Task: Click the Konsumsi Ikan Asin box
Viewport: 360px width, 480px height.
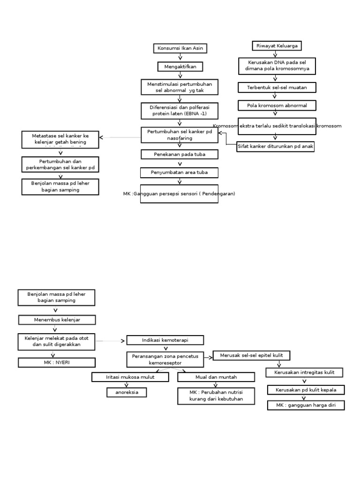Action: pos(180,48)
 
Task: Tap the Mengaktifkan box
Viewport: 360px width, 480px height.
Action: pos(180,67)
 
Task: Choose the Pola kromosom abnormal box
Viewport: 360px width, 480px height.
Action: pos(277,105)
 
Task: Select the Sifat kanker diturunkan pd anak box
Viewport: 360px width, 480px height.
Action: pos(276,146)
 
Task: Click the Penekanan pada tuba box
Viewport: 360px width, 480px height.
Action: pos(180,154)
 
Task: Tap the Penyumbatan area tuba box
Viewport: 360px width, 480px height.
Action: pos(180,172)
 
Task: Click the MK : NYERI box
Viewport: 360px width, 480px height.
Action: pos(56,362)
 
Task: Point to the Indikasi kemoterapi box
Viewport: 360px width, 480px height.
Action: pos(165,340)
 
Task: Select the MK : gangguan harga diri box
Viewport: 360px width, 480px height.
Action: pos(306,405)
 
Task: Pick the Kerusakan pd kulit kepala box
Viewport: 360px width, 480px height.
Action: pos(306,390)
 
